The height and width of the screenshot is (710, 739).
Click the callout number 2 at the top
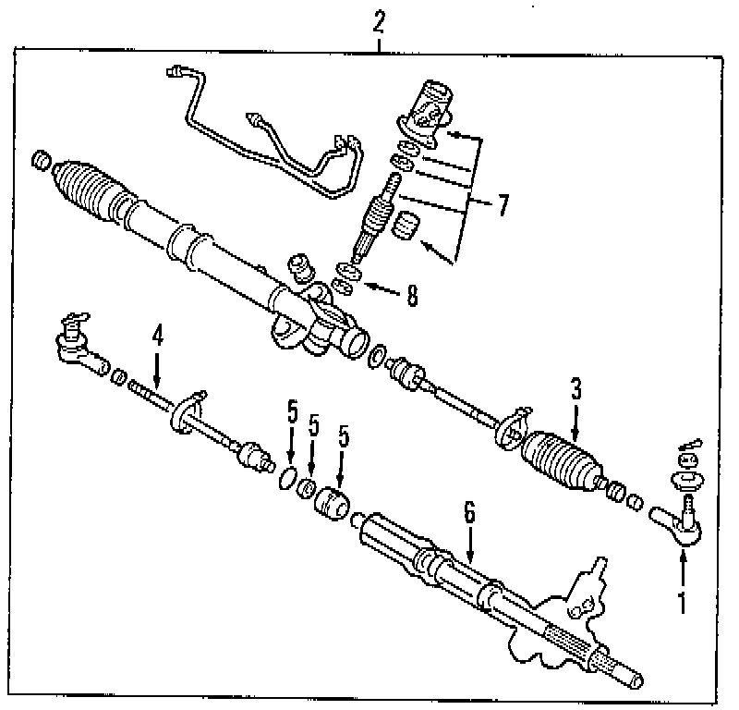[379, 21]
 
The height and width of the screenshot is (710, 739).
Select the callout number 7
[503, 205]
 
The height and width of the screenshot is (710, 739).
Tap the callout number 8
[412, 295]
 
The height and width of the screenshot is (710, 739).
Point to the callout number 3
[575, 390]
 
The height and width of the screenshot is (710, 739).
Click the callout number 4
[158, 337]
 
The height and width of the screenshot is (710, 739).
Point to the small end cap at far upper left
[40, 162]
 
